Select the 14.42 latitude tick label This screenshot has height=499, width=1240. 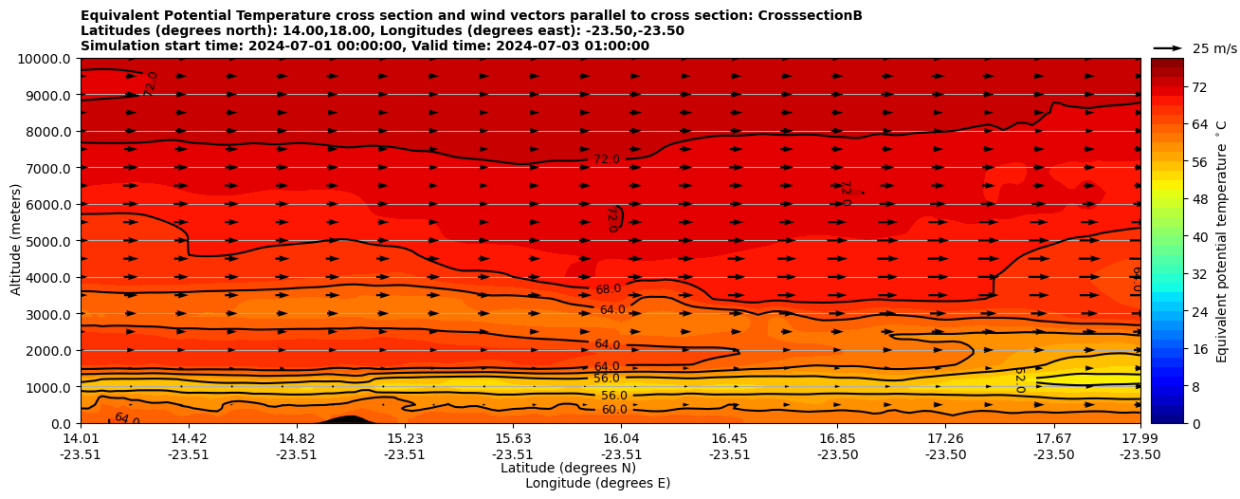pyautogui.click(x=189, y=438)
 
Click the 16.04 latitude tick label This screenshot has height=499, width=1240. pyautogui.click(x=621, y=438)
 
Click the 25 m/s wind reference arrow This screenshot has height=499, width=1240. pyautogui.click(x=1168, y=47)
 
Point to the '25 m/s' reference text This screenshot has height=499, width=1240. pyautogui.click(x=1213, y=48)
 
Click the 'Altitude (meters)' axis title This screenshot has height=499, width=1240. pyautogui.click(x=16, y=241)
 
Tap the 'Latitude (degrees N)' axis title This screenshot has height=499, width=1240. pyautogui.click(x=568, y=468)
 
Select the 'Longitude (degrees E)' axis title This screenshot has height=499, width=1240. pyautogui.click(x=597, y=483)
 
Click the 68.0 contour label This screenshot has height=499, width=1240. pyautogui.click(x=608, y=289)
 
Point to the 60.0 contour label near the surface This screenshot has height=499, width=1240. pyautogui.click(x=614, y=410)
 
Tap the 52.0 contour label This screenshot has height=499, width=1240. pyautogui.click(x=1019, y=379)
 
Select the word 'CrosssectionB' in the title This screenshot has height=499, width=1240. pyautogui.click(x=810, y=15)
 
